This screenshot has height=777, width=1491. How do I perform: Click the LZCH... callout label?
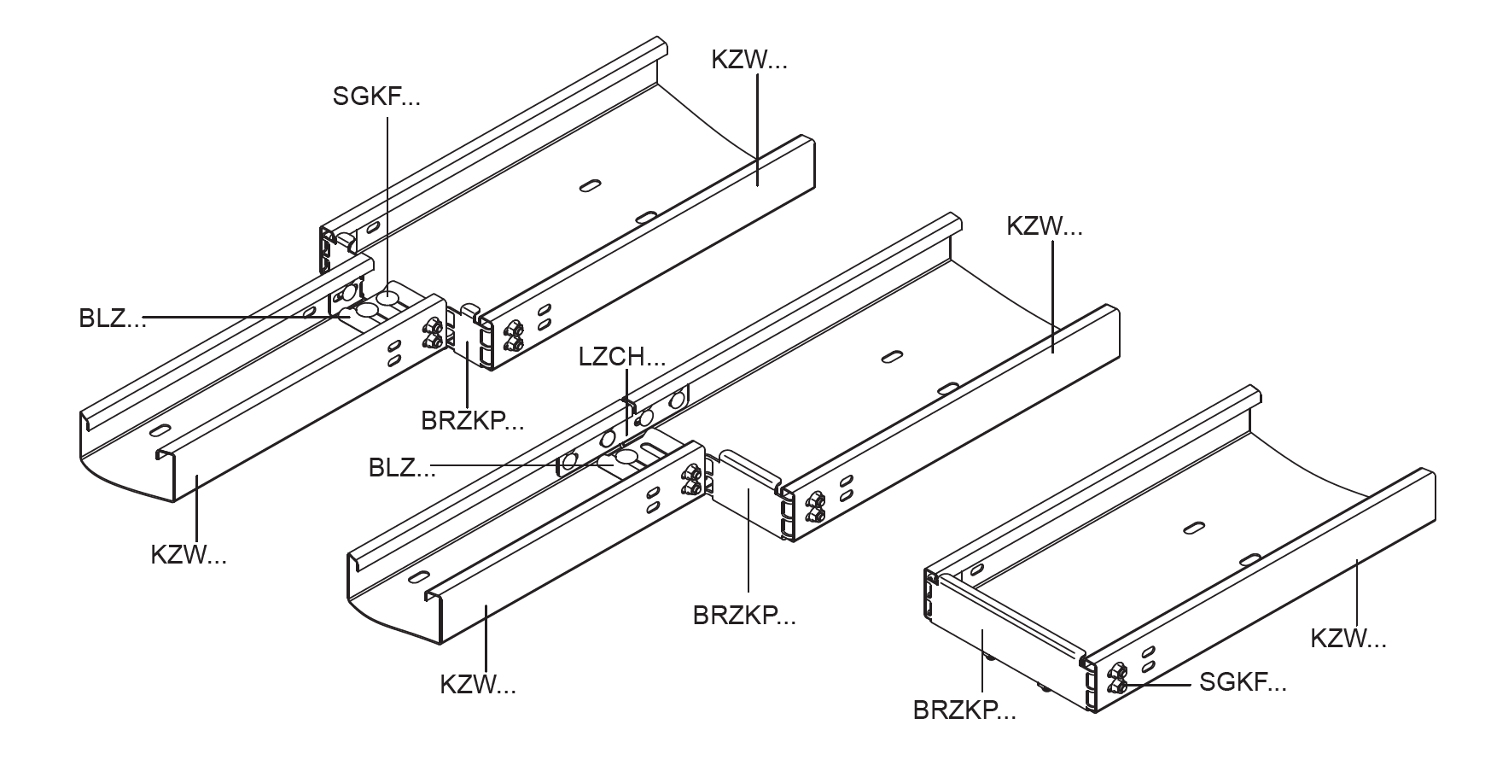[621, 357]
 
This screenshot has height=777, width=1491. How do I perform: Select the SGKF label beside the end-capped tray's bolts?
[1243, 682]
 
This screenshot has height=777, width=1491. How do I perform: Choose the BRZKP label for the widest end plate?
[964, 710]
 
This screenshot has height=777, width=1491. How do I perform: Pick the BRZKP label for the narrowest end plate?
[472, 420]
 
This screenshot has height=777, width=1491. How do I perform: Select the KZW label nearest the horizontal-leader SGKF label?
[1348, 639]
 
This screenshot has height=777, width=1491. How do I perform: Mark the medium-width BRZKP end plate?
[746, 504]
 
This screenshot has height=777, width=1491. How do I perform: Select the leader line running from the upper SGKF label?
[388, 205]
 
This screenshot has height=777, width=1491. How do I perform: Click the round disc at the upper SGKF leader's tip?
[388, 297]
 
